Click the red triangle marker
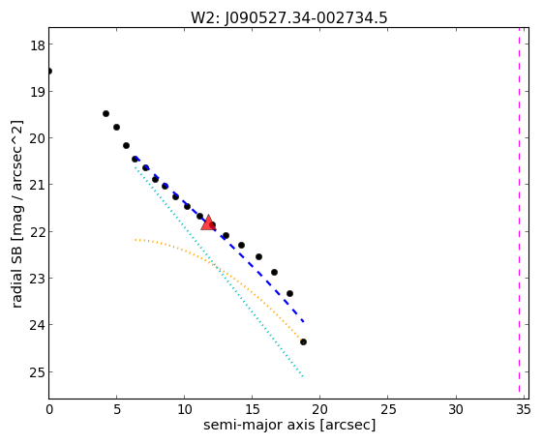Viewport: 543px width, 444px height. point(208,222)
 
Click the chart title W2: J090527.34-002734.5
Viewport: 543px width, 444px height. point(288,17)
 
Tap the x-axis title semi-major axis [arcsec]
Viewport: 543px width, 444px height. point(289,425)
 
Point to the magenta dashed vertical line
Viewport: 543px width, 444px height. point(519,210)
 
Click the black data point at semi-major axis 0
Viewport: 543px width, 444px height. point(49,72)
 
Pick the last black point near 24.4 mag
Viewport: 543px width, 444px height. point(303,341)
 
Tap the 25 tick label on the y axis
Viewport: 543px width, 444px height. point(37,372)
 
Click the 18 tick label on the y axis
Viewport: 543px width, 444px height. point(37,44)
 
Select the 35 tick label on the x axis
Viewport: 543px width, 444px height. point(523,410)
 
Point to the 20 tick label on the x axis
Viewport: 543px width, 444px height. point(319,410)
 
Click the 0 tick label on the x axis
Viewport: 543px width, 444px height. point(49,410)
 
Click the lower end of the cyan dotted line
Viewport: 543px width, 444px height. point(303,376)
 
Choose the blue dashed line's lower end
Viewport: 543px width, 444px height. point(303,322)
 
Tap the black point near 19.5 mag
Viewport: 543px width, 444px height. point(106,113)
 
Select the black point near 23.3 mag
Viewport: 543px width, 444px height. point(289,293)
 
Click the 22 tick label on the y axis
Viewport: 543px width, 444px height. point(37,232)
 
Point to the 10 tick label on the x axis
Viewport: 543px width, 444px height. point(184,410)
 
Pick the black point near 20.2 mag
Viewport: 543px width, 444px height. point(127,145)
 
